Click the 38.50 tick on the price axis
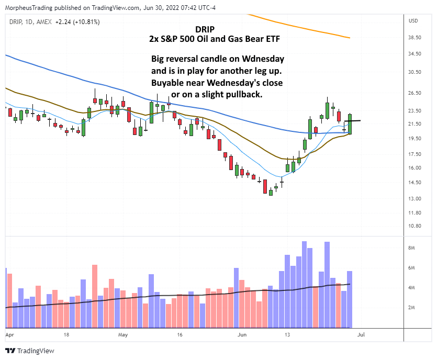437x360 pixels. [x=414, y=38]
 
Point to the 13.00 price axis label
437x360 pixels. [x=414, y=198]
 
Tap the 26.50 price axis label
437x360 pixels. [x=414, y=93]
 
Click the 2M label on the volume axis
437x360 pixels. [x=411, y=308]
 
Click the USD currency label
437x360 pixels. [x=413, y=21]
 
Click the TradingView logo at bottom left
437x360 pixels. [x=30, y=351]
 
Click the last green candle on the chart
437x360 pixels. [x=350, y=124]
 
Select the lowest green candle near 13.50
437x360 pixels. [x=271, y=192]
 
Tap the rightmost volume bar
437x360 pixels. [x=350, y=298]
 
